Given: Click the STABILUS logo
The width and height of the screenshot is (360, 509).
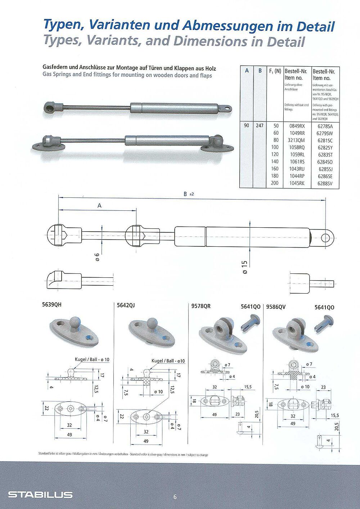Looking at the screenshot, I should (x=40, y=495).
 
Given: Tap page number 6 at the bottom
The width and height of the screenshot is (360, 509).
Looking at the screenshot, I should (x=175, y=497).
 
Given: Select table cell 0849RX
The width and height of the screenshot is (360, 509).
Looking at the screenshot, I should (x=297, y=126).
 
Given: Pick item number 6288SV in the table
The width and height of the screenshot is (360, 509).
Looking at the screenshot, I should (x=325, y=183).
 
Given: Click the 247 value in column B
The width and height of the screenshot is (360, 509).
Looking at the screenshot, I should (x=260, y=126).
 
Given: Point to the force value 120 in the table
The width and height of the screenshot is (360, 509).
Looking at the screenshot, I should (x=275, y=155).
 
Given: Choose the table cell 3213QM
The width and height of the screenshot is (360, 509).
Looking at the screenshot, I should (x=297, y=140).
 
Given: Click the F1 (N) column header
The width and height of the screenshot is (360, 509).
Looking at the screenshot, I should (x=275, y=71).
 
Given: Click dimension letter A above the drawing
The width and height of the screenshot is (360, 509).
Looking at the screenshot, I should (x=99, y=206).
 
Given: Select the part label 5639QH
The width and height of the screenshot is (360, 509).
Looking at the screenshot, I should (x=52, y=305).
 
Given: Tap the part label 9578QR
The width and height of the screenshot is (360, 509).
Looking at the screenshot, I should (x=201, y=307).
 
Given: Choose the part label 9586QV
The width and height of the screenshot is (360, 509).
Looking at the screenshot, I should (x=276, y=307).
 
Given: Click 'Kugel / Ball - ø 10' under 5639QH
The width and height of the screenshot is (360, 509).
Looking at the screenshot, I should (x=92, y=360).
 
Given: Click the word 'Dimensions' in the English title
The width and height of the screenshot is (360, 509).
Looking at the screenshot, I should (x=217, y=41).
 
